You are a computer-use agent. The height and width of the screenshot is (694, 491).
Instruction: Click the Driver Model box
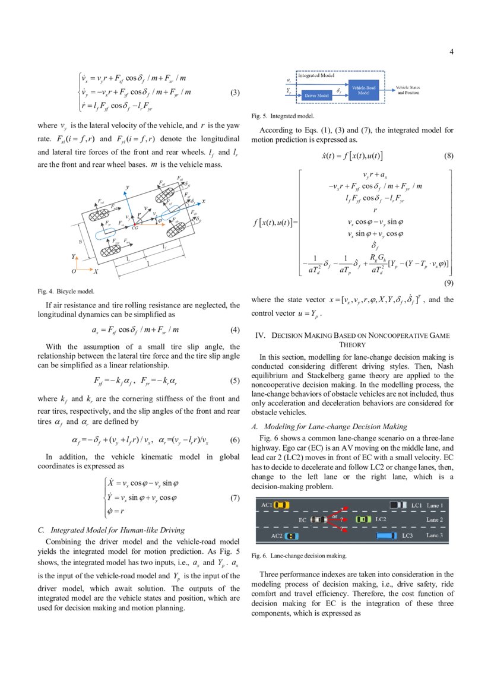317,94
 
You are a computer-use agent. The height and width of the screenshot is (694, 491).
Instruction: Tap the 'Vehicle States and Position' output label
408,90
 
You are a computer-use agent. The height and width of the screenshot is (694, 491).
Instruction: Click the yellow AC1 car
281,505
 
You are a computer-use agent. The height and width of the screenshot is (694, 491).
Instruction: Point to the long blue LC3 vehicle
386,535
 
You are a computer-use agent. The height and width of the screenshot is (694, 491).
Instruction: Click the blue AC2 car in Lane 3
292,535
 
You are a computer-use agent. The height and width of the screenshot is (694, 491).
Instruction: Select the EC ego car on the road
319,519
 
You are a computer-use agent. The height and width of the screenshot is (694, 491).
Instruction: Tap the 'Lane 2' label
435,519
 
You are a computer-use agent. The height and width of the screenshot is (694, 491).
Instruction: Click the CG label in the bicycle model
135,227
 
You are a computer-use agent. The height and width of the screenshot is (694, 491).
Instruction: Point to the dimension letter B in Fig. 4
81,242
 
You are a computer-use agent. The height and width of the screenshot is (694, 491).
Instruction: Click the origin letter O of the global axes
73,271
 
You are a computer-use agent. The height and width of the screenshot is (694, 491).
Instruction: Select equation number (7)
234,498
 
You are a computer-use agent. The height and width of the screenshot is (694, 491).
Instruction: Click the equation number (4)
234,330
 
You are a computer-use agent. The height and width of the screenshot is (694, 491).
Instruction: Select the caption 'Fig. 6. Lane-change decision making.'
299,556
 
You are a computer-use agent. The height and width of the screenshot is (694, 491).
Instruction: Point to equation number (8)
448,156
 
